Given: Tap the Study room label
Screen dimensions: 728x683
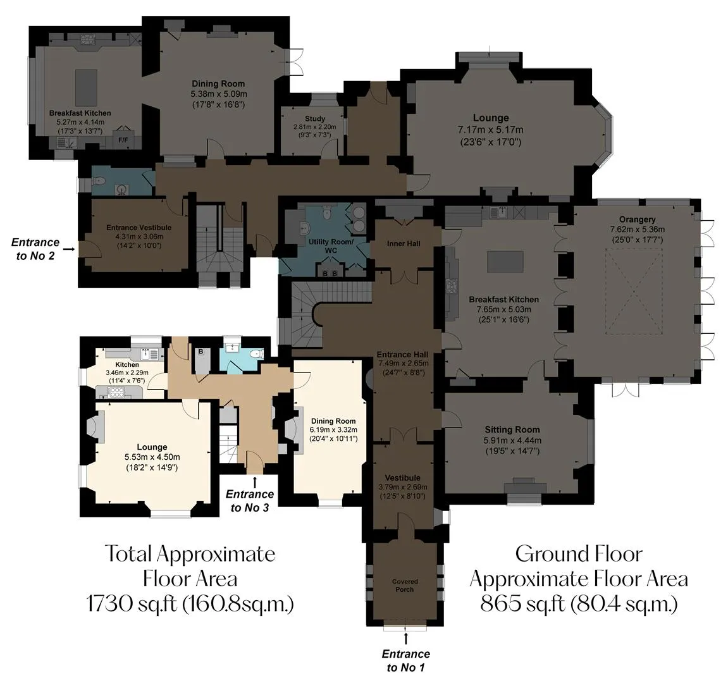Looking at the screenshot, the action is (315, 119).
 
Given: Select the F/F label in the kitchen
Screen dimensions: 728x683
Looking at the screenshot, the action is (123, 140).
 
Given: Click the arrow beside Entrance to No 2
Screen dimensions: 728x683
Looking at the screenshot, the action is (69, 249).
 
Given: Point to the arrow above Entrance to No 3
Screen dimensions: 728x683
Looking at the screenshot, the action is (254, 481).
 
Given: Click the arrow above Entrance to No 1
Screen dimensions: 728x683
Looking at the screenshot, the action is (406, 639).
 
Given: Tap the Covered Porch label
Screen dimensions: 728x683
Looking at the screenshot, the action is (405, 586).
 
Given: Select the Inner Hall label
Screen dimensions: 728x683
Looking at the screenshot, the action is (404, 243).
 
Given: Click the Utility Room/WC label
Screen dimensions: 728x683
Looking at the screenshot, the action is (331, 246).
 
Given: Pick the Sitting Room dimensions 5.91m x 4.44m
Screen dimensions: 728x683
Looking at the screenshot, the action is (512, 441).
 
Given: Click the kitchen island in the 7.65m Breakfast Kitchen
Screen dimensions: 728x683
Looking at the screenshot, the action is (505, 261).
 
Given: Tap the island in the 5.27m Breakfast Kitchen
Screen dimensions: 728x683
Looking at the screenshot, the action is (87, 88).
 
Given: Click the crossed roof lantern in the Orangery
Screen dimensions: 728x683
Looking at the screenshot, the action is (634, 292).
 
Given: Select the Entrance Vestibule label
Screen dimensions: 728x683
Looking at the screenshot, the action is (139, 228).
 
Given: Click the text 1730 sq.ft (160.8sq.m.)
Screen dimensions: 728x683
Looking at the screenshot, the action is (190, 604).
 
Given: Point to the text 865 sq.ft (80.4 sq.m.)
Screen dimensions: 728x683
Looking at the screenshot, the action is (579, 604).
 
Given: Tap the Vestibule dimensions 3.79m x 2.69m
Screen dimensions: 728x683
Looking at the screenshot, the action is (402, 487).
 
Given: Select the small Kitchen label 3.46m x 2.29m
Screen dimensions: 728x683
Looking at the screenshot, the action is (127, 365).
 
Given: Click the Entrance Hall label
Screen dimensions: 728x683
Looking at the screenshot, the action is (402, 355).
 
